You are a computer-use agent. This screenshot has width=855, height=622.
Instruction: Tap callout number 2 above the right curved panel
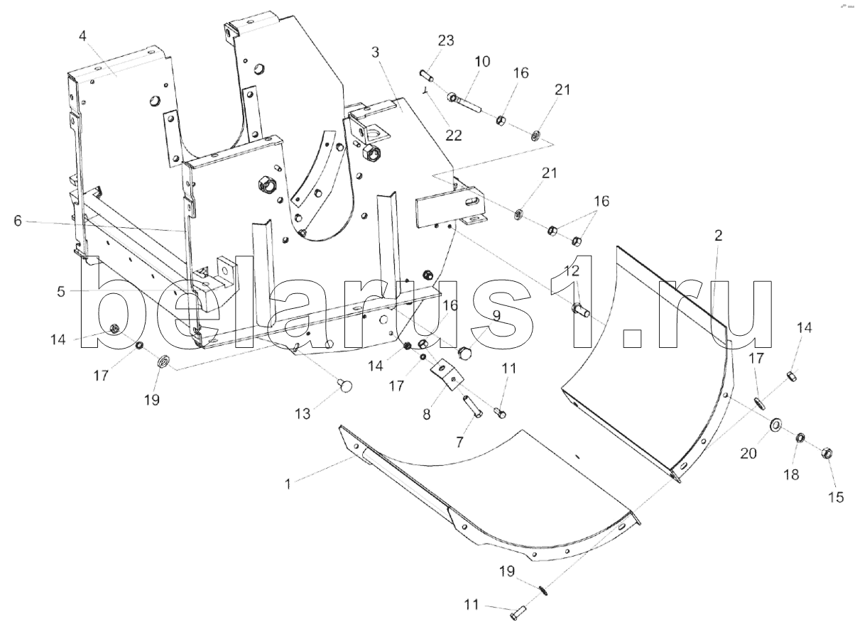tap(719, 236)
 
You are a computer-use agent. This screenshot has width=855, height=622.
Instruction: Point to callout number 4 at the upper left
tap(83, 35)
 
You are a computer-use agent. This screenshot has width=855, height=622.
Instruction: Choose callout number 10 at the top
tap(483, 62)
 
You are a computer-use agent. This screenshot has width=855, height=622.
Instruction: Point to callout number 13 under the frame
tap(303, 414)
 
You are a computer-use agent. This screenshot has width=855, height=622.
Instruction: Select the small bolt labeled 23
tap(426, 74)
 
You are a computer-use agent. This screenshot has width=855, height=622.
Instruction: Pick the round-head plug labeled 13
tap(345, 386)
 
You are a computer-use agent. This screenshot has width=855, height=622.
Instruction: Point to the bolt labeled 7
tap(472, 407)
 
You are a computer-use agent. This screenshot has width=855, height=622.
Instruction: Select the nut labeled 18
tap(800, 437)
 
